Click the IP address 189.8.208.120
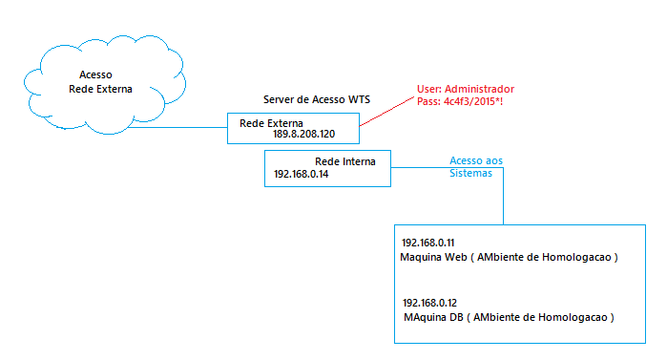tap(303, 134)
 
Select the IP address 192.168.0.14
tap(302, 174)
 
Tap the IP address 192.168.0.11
tap(427, 243)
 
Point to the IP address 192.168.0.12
tap(429, 303)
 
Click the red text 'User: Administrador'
tap(466, 89)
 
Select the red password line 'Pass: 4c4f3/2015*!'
tap(460, 101)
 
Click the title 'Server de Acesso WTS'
tap(317, 99)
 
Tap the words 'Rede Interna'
tap(345, 161)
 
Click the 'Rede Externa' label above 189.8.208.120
tap(271, 123)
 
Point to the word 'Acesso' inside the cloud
tap(95, 74)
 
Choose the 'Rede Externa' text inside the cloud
tap(100, 90)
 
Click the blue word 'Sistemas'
tap(470, 173)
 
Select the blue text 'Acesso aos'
tap(476, 160)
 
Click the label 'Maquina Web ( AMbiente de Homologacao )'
tap(509, 258)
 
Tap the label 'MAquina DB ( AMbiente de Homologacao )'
tap(509, 317)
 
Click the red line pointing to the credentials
tap(386, 112)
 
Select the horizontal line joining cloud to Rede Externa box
tap(177, 127)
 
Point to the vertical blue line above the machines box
tap(503, 196)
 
